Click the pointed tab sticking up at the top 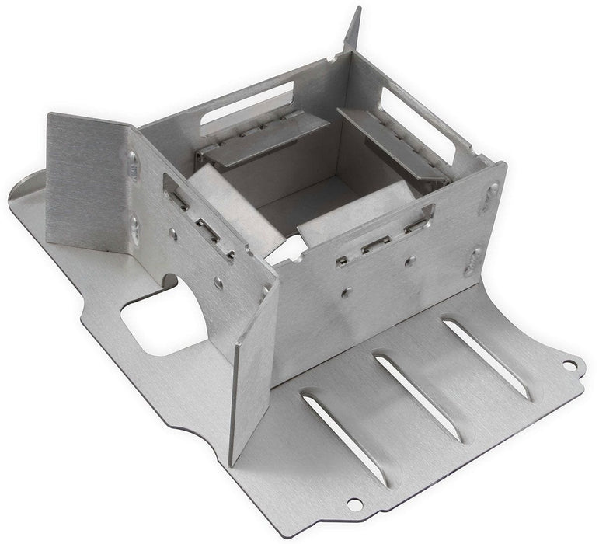tap(353, 30)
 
